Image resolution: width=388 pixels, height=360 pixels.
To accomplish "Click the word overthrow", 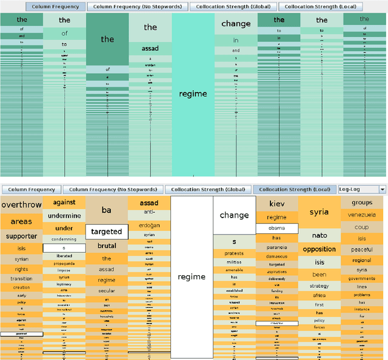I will click(21, 205).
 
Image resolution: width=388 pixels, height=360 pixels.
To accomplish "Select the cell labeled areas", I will click(21, 221).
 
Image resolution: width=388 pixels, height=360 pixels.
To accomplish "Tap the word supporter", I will click(21, 236).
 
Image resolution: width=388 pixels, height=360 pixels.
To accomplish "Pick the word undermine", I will click(64, 216).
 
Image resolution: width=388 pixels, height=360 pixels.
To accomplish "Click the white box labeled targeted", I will click(106, 232).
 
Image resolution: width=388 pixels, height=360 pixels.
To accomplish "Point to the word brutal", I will click(106, 246).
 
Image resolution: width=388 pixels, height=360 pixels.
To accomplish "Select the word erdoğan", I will click(149, 226).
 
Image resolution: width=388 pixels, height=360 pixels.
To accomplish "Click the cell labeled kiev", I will click(276, 204).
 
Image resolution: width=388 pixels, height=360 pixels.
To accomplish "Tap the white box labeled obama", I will click(276, 228).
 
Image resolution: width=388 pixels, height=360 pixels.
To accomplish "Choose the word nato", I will click(319, 235).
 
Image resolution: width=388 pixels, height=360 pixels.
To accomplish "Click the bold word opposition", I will click(319, 249).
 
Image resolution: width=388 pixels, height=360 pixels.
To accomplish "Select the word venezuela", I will click(362, 215).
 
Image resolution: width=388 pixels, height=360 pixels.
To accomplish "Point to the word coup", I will click(362, 227).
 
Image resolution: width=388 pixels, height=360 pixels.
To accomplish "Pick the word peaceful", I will click(362, 250).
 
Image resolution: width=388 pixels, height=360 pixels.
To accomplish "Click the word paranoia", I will click(276, 247).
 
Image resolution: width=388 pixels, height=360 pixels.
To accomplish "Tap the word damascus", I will click(276, 256).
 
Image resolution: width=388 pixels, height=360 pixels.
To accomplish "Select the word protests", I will click(234, 253).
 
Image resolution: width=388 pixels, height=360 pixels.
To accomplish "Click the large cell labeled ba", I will click(106, 210).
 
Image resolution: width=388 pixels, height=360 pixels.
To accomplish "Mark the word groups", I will click(362, 203).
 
